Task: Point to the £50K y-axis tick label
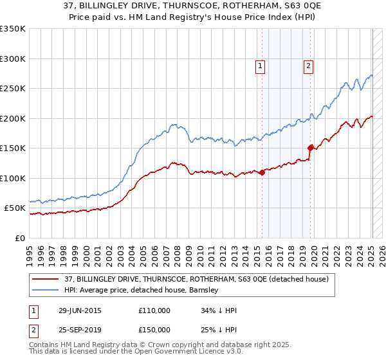click(x=15, y=208)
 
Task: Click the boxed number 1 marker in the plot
click(x=260, y=65)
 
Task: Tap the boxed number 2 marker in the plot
click(x=309, y=65)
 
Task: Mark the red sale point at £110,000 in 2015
click(x=262, y=172)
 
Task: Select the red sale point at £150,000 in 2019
click(x=311, y=148)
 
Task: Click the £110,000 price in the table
click(x=154, y=310)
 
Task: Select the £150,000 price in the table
click(x=154, y=330)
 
